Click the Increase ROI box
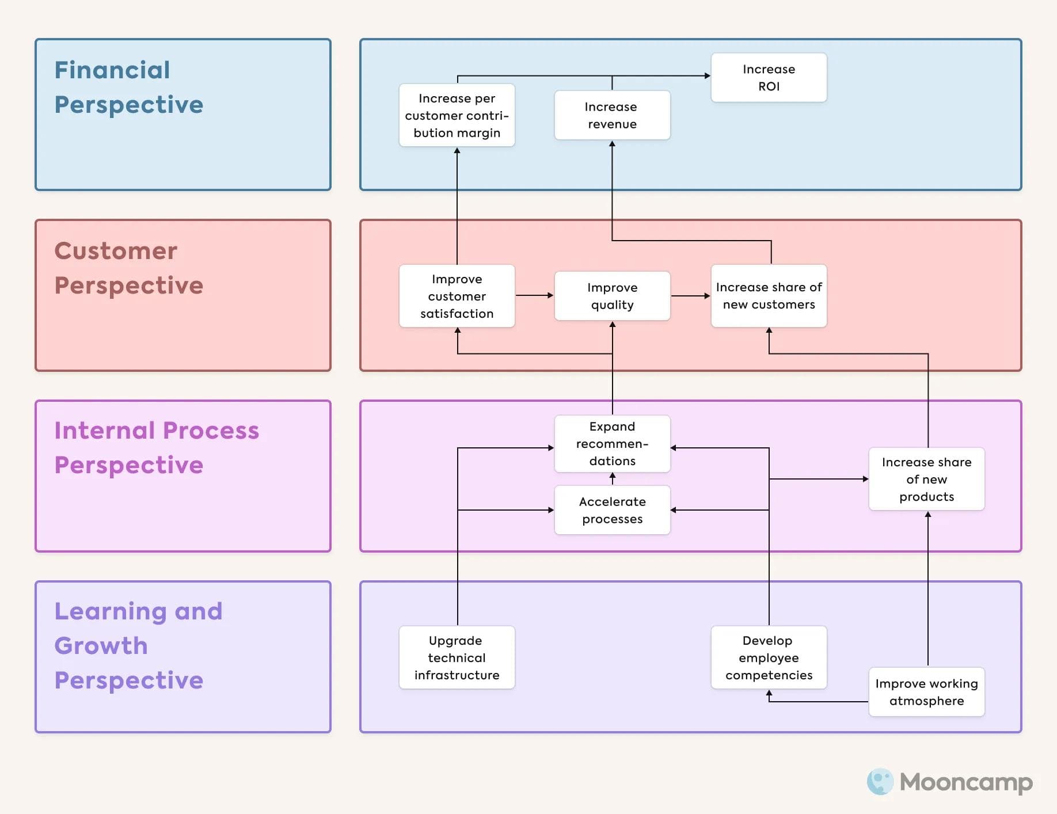[769, 78]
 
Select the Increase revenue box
[612, 115]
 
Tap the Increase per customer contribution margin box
[457, 115]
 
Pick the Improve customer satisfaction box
[457, 296]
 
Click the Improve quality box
[612, 296]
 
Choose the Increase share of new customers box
[769, 296]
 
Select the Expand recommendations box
[612, 444]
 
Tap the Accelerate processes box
[612, 510]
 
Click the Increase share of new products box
[926, 479]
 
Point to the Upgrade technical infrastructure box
[457, 657]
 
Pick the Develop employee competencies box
[769, 657]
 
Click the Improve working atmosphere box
[926, 692]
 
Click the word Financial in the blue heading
[112, 70]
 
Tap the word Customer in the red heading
[116, 251]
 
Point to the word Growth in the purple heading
[101, 646]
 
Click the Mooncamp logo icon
[880, 782]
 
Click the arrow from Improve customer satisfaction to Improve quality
[534, 295]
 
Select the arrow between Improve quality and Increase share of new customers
[690, 296]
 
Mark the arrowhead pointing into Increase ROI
[707, 75]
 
